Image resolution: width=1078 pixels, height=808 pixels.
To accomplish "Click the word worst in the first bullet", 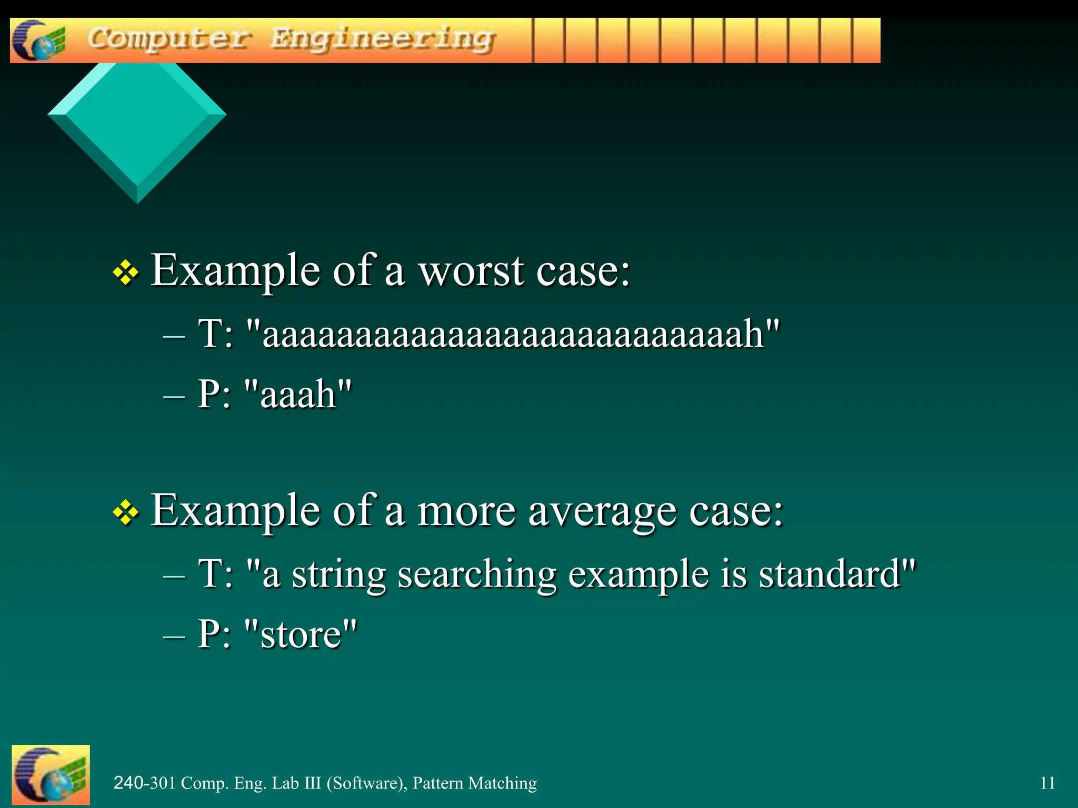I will point(471,271).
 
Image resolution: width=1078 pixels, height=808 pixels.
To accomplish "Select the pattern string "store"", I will point(301,634).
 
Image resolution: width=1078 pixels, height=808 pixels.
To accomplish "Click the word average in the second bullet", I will point(602,511).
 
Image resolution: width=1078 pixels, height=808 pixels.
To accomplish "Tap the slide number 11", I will point(1047,783).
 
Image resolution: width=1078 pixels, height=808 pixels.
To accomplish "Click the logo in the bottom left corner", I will point(51,775).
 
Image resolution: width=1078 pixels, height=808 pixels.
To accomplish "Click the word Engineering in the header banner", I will point(383,40).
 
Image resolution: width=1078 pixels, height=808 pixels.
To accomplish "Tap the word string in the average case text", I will point(339,574).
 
